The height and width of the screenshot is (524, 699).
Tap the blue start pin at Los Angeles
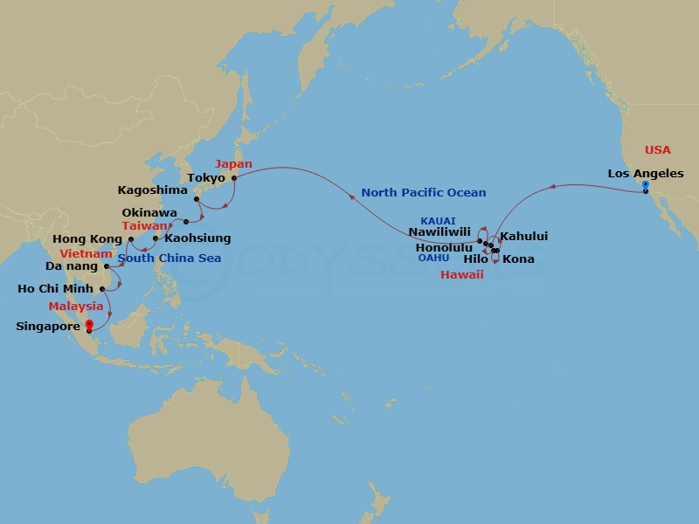click(645, 186)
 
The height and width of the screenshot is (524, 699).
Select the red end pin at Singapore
click(89, 326)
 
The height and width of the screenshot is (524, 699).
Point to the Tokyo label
click(207, 178)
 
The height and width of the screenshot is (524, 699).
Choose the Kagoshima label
click(153, 190)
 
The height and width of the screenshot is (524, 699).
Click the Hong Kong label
click(87, 238)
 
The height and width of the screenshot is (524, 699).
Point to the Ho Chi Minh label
click(57, 288)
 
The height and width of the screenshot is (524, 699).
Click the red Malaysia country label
click(76, 307)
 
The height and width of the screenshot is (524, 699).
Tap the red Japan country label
click(233, 164)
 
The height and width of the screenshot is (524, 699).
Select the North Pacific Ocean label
click(424, 192)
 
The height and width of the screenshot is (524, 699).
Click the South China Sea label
click(170, 259)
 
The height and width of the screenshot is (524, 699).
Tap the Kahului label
click(523, 237)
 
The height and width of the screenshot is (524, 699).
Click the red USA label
click(657, 150)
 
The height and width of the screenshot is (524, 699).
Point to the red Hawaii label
click(461, 274)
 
